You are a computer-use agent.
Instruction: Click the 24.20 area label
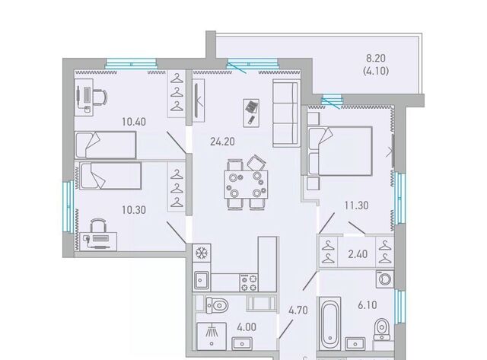point(222,142)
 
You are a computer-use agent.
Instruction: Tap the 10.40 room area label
point(134,122)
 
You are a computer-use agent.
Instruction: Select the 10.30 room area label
point(134,210)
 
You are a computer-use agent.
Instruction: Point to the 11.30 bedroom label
point(357,205)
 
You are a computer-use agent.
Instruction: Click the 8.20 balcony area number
point(376,58)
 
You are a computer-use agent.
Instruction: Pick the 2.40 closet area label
point(358,254)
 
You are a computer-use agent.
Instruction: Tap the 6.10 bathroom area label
point(368,304)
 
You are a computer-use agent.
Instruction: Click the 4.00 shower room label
point(247,327)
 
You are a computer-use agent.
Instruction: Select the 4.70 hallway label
point(298,310)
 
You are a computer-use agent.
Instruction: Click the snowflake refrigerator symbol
point(201,253)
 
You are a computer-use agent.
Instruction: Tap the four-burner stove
point(249,282)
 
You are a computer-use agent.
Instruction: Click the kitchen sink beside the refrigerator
point(201,281)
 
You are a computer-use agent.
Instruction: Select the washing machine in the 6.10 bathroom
point(385,279)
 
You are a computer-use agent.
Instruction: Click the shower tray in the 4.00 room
point(212,336)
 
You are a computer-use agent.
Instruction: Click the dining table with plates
point(246,184)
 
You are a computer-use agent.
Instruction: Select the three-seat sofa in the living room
point(285,113)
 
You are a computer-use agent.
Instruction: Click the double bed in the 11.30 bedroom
point(340,151)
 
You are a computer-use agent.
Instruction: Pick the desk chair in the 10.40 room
point(100,96)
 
